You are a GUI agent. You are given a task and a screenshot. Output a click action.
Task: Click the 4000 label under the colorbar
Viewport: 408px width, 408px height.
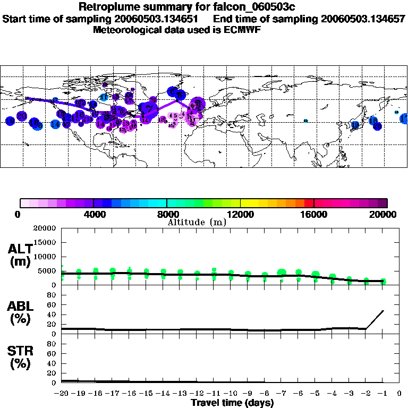[x=93, y=214]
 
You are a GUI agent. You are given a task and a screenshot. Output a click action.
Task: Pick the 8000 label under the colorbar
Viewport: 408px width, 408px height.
[x=167, y=214]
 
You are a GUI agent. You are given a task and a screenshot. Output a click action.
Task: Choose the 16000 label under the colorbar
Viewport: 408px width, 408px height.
[x=313, y=214]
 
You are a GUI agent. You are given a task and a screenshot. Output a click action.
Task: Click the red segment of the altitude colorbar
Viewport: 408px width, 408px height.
[x=309, y=202]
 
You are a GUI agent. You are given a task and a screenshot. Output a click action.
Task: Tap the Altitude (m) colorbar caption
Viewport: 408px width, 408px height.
[x=197, y=222]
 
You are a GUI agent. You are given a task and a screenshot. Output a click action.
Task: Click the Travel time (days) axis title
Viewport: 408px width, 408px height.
[x=232, y=403]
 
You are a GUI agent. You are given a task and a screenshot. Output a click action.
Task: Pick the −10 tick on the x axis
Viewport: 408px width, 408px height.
[x=230, y=393]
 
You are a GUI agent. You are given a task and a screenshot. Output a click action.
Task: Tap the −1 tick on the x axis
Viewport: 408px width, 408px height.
[x=382, y=393]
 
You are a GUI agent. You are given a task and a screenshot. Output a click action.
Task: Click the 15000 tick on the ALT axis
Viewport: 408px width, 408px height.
[x=46, y=242]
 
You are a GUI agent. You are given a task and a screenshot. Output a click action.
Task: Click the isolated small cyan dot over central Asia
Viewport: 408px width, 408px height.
[x=305, y=121]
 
